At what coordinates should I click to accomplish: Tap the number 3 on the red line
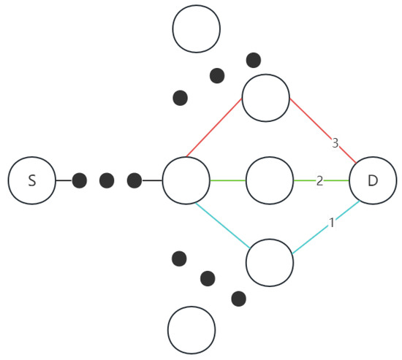(x=335, y=143)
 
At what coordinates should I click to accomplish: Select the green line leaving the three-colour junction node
(x=228, y=180)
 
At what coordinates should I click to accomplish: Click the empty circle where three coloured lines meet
(x=186, y=180)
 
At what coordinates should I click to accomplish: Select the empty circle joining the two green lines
(x=270, y=180)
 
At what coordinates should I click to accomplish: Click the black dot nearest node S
(x=80, y=180)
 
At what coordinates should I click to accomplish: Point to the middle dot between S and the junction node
(x=107, y=180)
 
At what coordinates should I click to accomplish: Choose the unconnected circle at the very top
(x=196, y=28)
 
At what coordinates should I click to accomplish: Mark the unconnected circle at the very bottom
(x=191, y=330)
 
